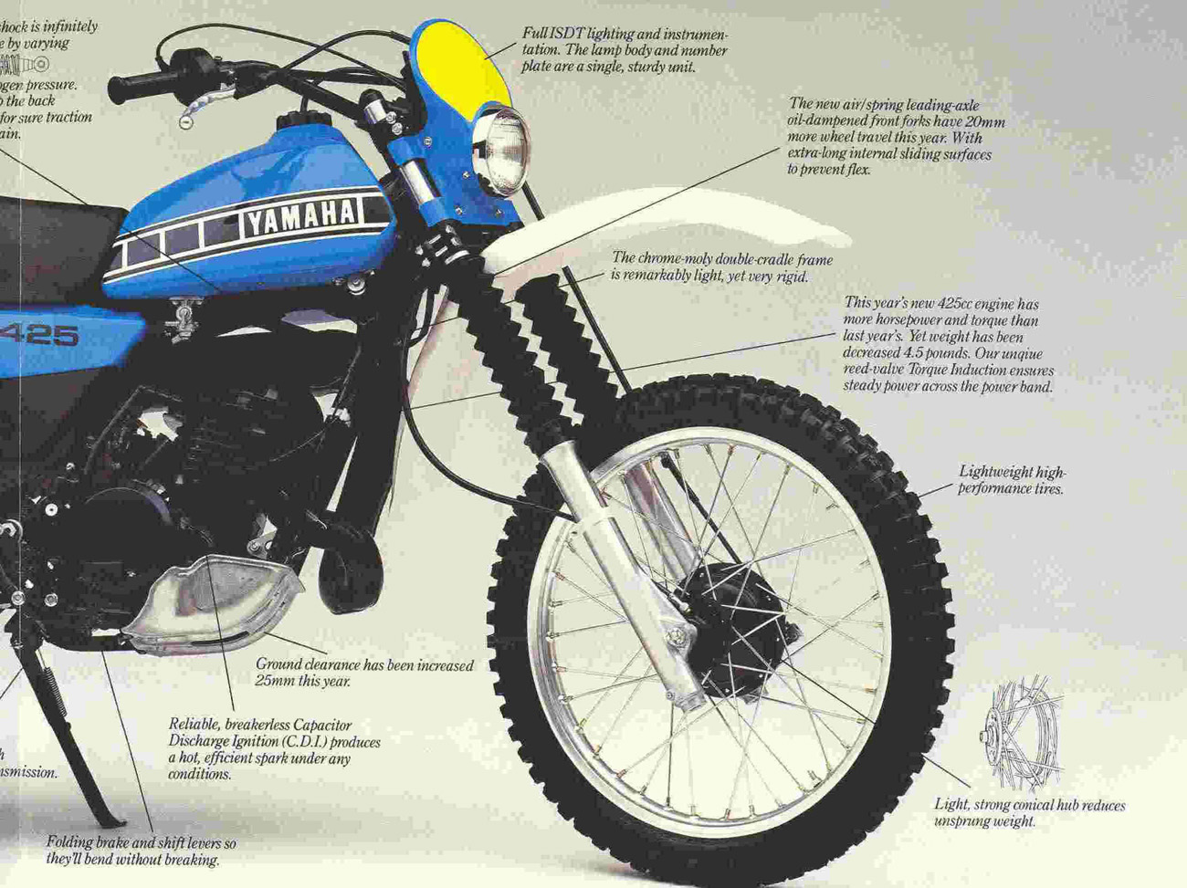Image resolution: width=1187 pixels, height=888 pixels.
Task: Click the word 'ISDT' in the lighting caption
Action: pyautogui.click(x=567, y=34)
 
